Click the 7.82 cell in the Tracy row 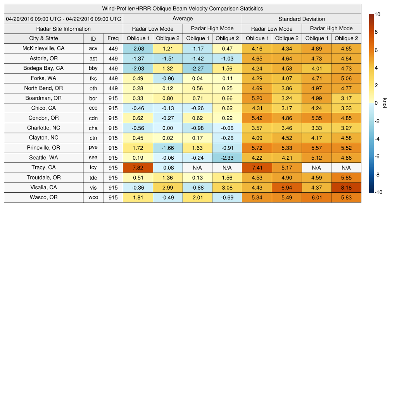tap(138, 168)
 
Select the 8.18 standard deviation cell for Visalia tap(346, 188)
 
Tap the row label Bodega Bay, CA tap(43, 68)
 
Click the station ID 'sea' tap(93, 158)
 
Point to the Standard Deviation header tap(302, 19)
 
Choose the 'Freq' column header tap(113, 38)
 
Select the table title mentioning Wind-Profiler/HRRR tap(183, 9)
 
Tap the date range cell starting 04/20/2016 tap(64, 19)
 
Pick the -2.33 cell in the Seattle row tap(227, 158)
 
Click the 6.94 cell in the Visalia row tap(287, 188)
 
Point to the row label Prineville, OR tap(43, 148)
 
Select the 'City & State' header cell tap(43, 38)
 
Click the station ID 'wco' tap(93, 197)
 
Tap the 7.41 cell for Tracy tap(257, 168)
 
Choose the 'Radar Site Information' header tap(64, 29)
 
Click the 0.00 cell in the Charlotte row tap(167, 128)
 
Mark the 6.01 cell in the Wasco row tap(316, 197)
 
